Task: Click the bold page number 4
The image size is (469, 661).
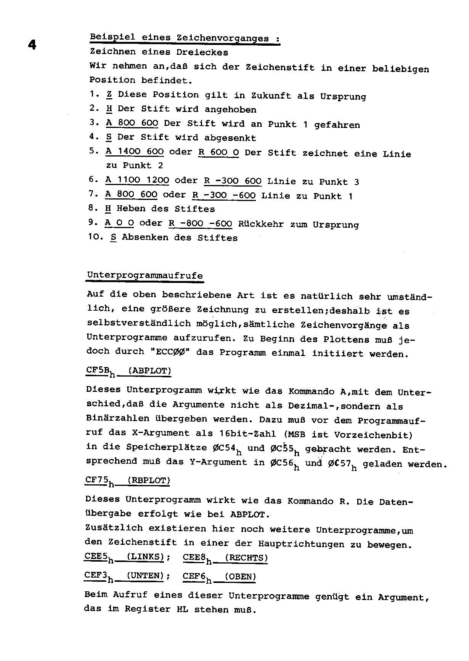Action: click(32, 45)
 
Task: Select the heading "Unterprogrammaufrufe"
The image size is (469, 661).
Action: click(145, 275)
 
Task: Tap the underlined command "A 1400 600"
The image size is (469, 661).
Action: click(135, 152)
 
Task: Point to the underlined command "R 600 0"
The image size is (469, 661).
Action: click(219, 152)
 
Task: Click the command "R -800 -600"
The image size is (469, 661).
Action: click(201, 224)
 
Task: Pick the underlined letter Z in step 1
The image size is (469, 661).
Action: click(109, 94)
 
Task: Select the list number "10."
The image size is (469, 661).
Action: click(95, 237)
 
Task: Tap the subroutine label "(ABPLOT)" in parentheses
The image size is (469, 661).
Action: click(149, 371)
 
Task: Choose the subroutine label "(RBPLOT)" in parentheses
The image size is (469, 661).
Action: click(149, 481)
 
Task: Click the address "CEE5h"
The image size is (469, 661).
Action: click(98, 557)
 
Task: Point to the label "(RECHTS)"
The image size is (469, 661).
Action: click(246, 558)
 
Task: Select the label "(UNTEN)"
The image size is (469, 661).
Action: click(145, 576)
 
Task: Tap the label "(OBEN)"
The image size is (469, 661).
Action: click(240, 576)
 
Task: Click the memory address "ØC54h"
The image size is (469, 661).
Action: click(226, 449)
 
